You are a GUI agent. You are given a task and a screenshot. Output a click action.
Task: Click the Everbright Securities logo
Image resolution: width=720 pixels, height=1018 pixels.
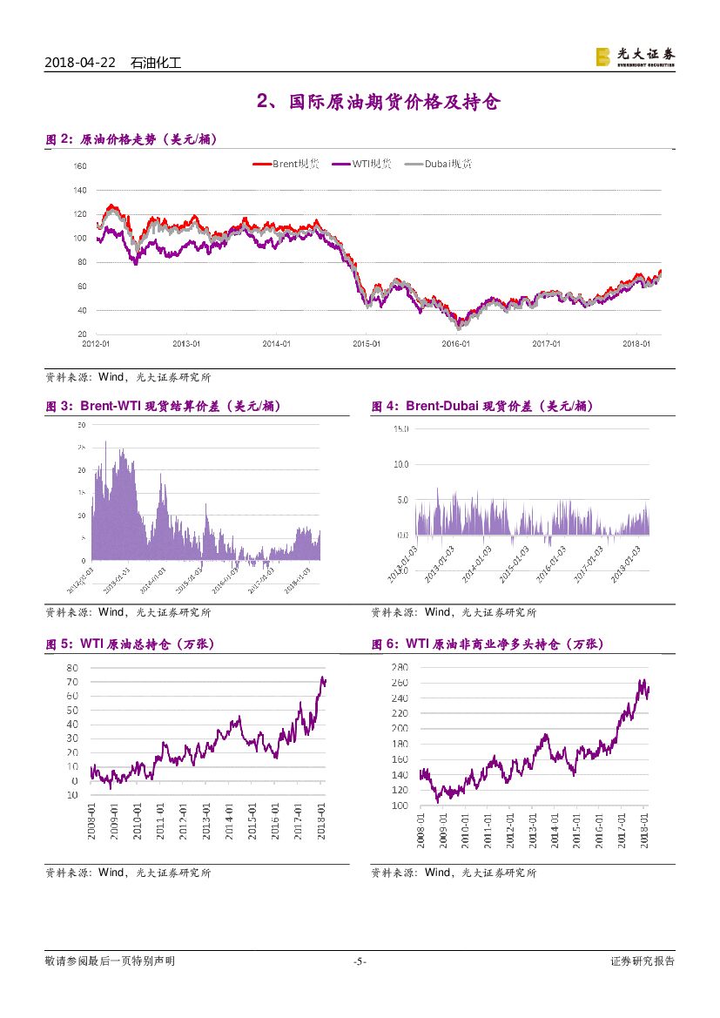point(635,57)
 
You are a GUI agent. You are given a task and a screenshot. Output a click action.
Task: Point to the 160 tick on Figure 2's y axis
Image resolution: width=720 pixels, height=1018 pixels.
point(81,165)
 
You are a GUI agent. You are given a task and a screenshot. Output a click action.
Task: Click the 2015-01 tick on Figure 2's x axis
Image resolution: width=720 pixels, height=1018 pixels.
point(367,344)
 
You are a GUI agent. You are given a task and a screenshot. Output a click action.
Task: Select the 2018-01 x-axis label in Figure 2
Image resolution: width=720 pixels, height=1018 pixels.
point(638,344)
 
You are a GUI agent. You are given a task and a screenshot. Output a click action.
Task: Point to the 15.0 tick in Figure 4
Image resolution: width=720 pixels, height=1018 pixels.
point(401,428)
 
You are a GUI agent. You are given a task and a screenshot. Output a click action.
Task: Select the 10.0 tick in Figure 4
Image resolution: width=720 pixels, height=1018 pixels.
point(401,464)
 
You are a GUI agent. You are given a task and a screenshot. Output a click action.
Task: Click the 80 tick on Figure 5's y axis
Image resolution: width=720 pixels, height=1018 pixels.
point(71,667)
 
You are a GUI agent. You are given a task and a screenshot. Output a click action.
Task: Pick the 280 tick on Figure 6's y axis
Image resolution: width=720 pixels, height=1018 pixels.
point(400,667)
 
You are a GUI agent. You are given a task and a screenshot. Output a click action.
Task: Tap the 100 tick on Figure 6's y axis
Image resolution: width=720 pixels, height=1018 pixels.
point(400,806)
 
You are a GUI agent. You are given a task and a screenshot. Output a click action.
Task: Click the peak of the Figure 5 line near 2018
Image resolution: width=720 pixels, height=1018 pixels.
point(323,678)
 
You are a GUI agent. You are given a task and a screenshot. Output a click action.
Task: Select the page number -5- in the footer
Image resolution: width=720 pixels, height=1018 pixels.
point(360,961)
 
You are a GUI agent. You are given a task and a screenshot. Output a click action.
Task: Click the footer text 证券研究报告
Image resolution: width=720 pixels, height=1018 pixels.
point(643,961)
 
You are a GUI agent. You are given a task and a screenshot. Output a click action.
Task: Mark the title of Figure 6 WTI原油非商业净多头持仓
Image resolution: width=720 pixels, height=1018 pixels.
point(487,644)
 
